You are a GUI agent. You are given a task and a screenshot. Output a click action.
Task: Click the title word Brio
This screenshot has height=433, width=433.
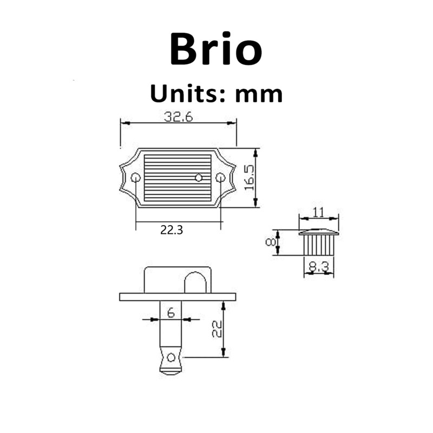point(216,49)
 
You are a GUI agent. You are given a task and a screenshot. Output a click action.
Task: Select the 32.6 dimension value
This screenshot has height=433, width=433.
point(179,117)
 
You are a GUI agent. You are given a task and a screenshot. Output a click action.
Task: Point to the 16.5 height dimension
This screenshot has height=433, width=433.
point(249,178)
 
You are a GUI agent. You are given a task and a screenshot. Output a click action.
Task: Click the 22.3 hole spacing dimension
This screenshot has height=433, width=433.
point(172,229)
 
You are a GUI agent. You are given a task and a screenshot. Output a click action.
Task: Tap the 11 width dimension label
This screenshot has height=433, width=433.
point(318,213)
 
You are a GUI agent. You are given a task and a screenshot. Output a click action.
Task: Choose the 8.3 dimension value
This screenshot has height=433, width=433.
point(319,267)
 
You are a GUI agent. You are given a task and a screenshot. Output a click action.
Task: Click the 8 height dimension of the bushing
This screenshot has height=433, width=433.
point(270,242)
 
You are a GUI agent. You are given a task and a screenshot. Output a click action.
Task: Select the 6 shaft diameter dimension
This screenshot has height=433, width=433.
point(171,313)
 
